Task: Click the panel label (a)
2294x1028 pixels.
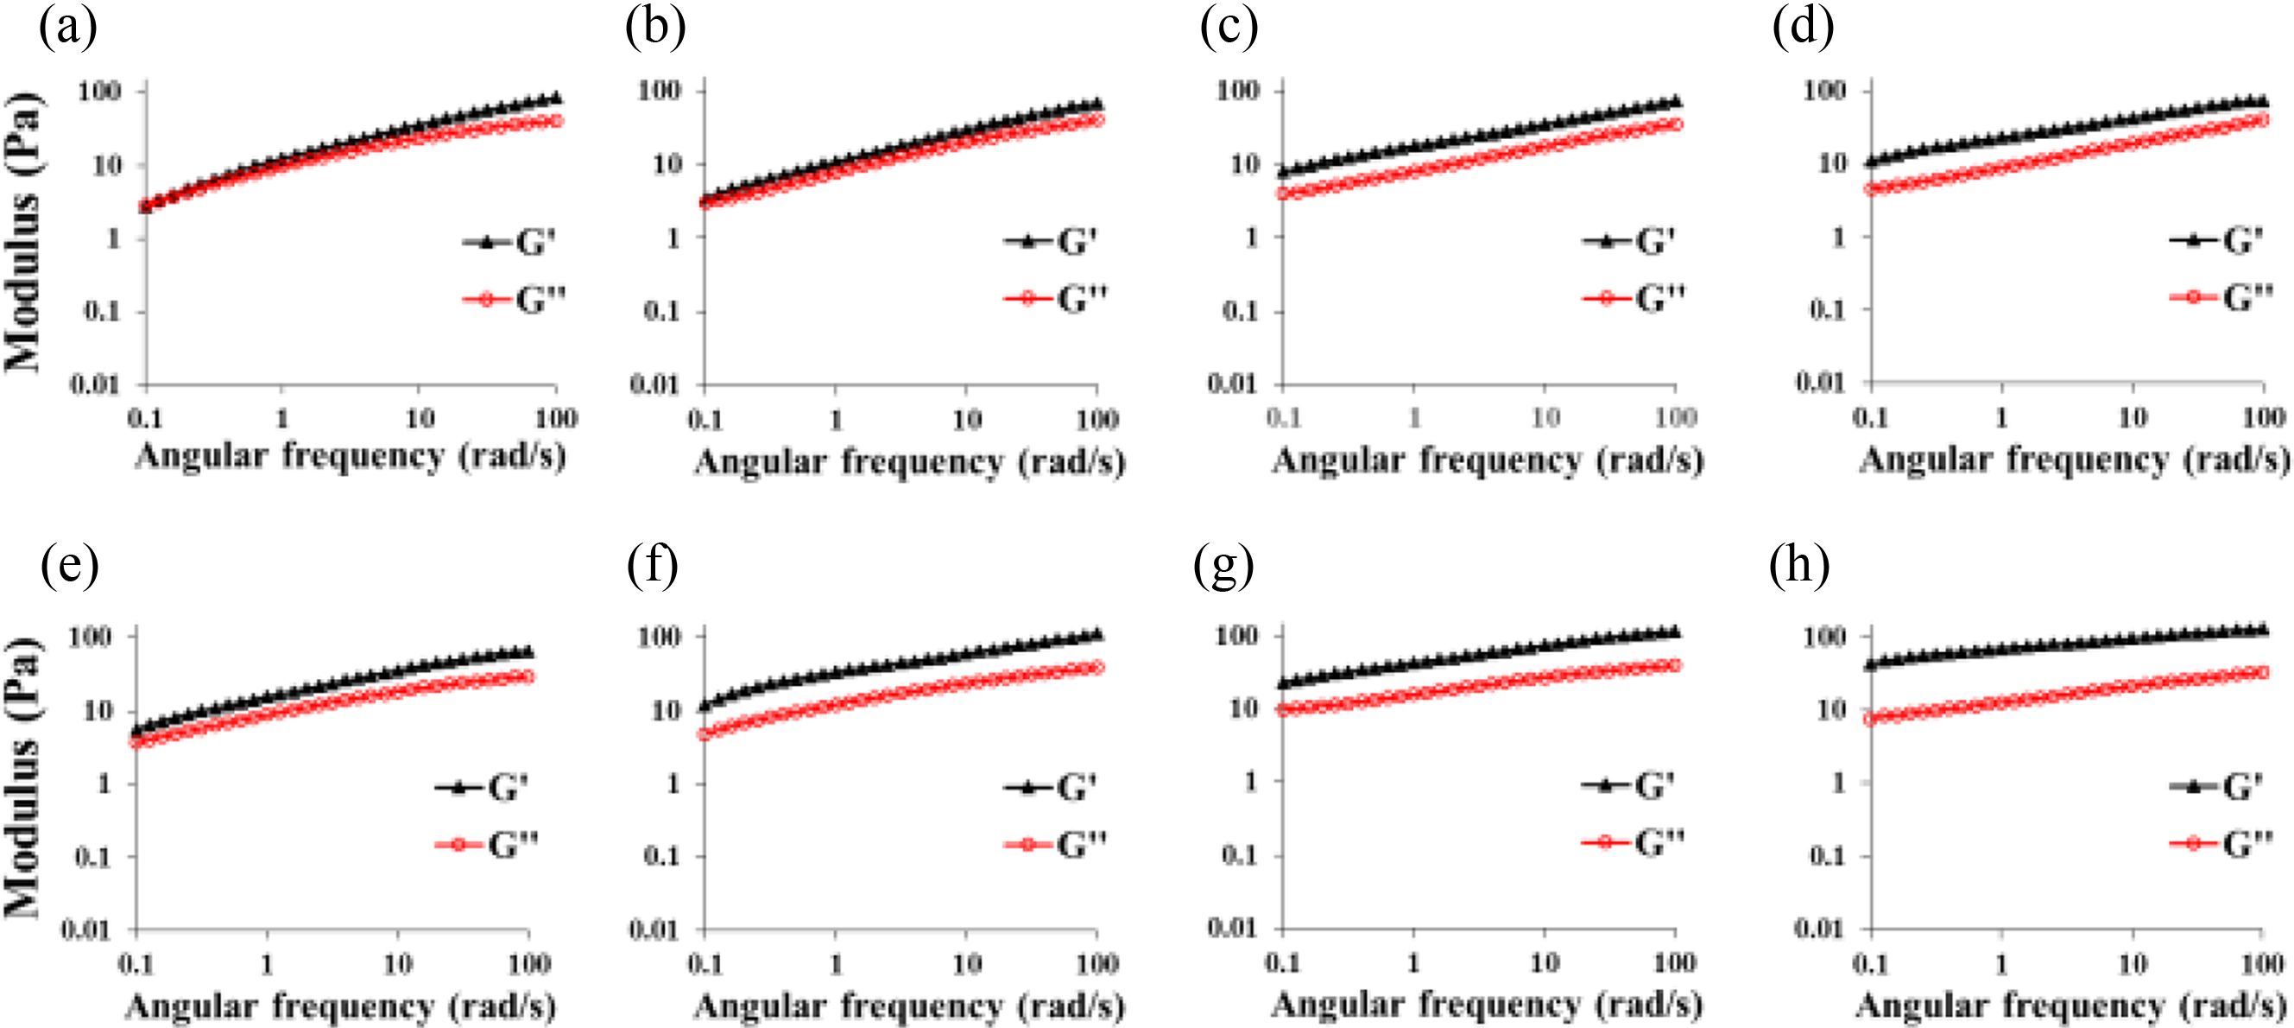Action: (67, 29)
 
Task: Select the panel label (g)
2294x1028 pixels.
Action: (1223, 567)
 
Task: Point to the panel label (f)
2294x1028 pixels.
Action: (653, 567)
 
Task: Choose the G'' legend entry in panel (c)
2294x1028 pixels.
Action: (1634, 297)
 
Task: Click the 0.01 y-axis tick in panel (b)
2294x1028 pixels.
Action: (654, 384)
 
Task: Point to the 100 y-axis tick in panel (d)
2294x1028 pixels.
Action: (1828, 91)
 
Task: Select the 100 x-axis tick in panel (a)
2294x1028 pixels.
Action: (557, 418)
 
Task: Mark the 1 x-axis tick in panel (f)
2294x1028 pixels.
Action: (835, 964)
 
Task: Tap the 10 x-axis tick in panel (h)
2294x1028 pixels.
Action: (2133, 964)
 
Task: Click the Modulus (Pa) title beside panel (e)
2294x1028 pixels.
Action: (23, 777)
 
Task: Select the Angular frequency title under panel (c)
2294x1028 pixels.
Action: (1488, 460)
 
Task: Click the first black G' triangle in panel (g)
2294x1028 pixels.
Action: (1283, 682)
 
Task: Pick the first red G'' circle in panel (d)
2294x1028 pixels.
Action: (1872, 189)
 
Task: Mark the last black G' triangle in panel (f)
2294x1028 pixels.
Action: (1096, 634)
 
